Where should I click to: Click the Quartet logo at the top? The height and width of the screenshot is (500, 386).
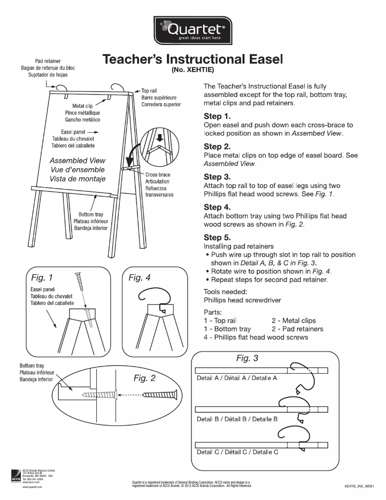pyautogui.click(x=193, y=30)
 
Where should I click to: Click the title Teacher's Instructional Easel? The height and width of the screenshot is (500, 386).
pyautogui.click(x=192, y=60)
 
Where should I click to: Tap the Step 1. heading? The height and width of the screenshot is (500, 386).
pyautogui.click(x=218, y=116)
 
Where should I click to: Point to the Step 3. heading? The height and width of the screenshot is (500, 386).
pyautogui.click(x=218, y=177)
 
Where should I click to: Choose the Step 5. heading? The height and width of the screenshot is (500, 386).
pyautogui.click(x=218, y=238)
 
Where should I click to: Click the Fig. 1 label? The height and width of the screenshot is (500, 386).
pyautogui.click(x=42, y=278)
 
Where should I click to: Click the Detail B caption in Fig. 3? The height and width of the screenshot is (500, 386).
pyautogui.click(x=237, y=419)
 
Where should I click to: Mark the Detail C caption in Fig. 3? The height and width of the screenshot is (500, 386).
pyautogui.click(x=237, y=452)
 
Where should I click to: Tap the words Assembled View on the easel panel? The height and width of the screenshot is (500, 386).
pyautogui.click(x=77, y=161)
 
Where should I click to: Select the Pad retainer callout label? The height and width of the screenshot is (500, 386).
pyautogui.click(x=47, y=61)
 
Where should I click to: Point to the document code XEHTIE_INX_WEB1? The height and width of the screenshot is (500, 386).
pyautogui.click(x=360, y=487)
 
